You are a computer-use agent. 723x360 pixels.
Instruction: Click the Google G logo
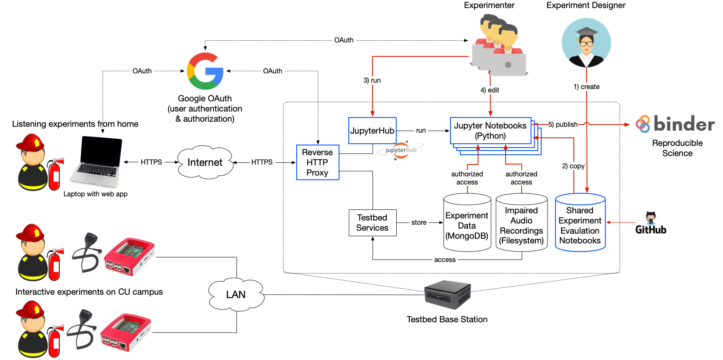(205, 71)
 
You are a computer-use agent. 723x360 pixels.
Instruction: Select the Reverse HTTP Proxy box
(317, 162)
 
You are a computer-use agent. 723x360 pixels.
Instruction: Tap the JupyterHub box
(372, 131)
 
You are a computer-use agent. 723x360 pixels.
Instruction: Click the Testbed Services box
(372, 223)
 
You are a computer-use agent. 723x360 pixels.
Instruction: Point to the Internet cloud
(205, 162)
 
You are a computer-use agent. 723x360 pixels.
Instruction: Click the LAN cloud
(236, 295)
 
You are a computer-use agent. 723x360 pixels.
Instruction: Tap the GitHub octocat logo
(651, 218)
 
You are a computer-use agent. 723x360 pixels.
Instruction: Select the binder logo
(675, 124)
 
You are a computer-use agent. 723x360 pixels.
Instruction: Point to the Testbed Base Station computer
(447, 295)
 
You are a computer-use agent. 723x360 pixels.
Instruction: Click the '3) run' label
(372, 81)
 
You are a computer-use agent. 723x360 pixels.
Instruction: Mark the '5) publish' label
(563, 125)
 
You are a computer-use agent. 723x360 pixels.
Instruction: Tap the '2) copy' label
(573, 166)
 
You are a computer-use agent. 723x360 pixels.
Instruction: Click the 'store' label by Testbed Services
(419, 223)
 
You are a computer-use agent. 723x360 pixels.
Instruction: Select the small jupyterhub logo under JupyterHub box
(400, 150)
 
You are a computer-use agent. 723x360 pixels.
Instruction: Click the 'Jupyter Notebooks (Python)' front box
(490, 131)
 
